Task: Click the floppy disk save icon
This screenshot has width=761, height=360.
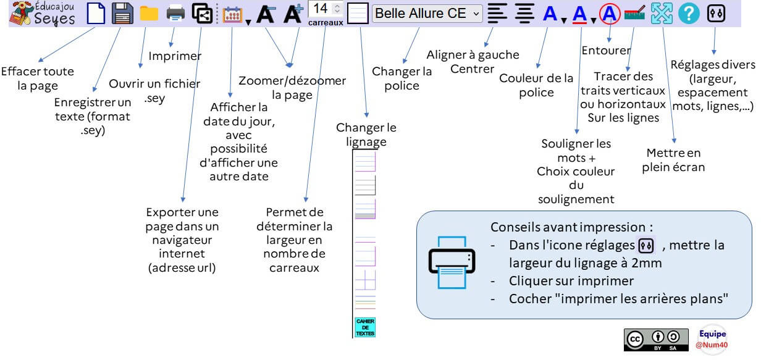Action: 122,14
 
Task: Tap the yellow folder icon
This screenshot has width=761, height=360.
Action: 149,14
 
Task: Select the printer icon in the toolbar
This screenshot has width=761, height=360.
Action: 175,14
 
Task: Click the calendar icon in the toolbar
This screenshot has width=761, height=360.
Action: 232,14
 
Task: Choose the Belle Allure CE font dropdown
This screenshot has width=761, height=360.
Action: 427,14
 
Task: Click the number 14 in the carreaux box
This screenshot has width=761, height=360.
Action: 320,9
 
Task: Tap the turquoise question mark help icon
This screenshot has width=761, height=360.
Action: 689,14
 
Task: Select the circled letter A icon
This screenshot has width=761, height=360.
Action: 610,14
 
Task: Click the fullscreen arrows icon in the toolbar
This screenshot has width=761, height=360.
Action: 662,14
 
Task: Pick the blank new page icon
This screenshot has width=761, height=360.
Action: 96,14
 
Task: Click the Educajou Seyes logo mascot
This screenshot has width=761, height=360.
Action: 20,14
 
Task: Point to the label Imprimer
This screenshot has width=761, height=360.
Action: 175,56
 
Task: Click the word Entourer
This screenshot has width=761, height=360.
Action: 606,51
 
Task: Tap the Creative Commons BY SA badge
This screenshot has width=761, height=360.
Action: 656,340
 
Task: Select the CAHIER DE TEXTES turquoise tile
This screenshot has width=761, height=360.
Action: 365,327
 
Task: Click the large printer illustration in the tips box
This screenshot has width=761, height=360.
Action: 452,262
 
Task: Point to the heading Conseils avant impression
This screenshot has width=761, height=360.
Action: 571,227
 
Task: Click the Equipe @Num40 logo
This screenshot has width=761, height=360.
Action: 712,339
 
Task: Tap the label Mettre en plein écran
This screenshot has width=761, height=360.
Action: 673,160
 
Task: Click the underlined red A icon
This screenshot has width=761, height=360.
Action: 579,14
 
